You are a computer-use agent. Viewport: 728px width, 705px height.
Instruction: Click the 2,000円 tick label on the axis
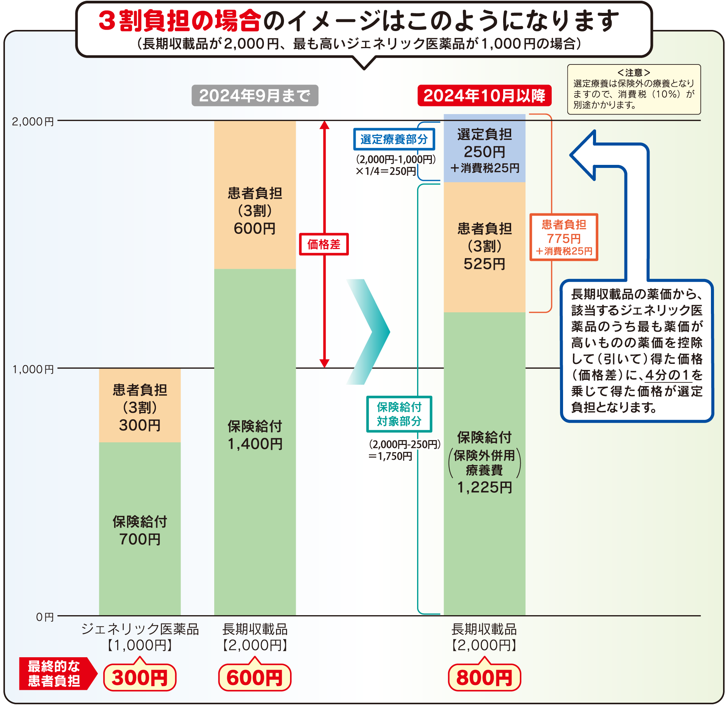(33, 122)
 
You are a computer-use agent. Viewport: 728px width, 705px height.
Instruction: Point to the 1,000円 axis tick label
(33, 369)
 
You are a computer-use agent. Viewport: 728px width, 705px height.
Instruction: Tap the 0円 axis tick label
(45, 617)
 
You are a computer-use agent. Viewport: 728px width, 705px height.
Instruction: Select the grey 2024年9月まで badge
(255, 96)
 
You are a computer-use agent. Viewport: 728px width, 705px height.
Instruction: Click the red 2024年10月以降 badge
(484, 96)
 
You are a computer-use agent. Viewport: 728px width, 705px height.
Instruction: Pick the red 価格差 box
(324, 244)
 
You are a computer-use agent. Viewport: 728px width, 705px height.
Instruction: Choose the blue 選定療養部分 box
(394, 139)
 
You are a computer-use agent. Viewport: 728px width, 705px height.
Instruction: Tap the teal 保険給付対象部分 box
(399, 414)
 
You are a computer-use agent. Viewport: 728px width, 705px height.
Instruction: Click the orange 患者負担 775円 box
(563, 237)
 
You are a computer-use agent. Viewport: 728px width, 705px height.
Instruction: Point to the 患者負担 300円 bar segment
(140, 406)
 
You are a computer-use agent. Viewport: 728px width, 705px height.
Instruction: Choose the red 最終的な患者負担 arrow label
(55, 674)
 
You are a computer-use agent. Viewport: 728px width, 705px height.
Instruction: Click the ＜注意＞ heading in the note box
(634, 72)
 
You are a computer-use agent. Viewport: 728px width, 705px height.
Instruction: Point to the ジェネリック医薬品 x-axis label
(140, 629)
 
